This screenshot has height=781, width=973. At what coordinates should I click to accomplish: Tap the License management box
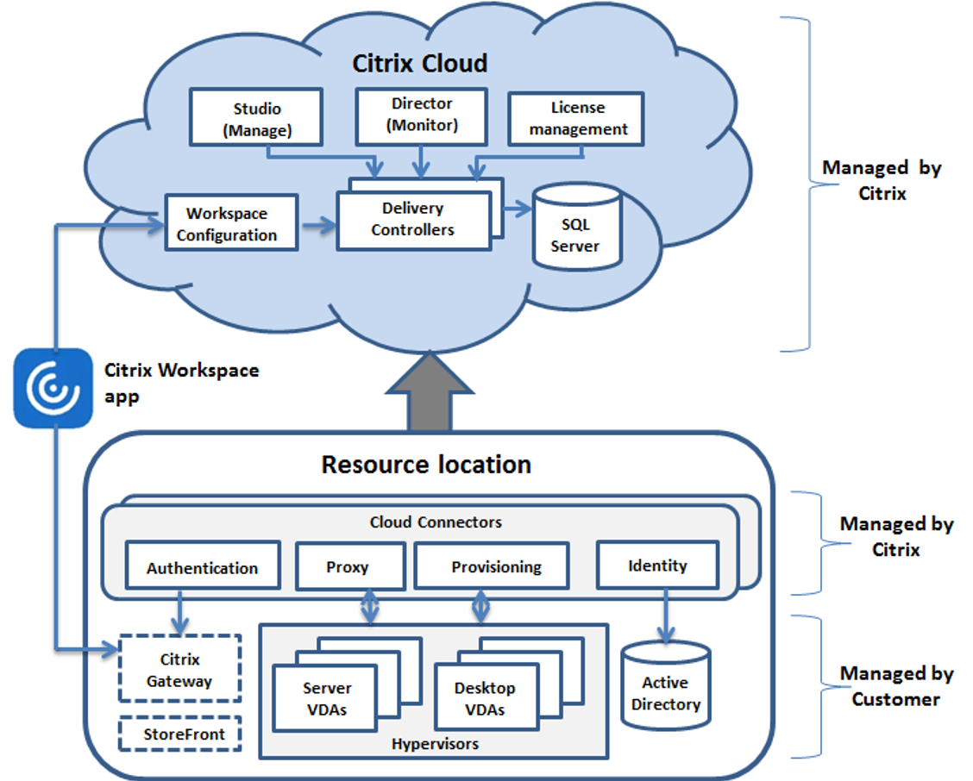(577, 119)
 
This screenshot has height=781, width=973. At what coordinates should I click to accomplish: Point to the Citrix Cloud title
(420, 64)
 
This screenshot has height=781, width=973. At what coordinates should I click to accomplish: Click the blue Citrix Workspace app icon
(53, 388)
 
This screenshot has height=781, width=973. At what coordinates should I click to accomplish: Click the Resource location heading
(426, 465)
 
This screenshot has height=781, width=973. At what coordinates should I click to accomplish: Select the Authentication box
(203, 568)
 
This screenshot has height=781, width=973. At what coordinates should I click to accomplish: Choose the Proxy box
(348, 567)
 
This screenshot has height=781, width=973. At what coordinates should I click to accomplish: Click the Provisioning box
(496, 567)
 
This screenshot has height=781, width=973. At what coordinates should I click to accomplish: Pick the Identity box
(657, 565)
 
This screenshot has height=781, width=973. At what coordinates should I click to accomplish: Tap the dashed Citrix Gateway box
(180, 670)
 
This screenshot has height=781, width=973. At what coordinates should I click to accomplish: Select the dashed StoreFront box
(180, 734)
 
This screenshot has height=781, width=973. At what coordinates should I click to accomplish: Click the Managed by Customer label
(895, 686)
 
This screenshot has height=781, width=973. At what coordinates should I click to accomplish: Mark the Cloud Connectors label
(436, 522)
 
